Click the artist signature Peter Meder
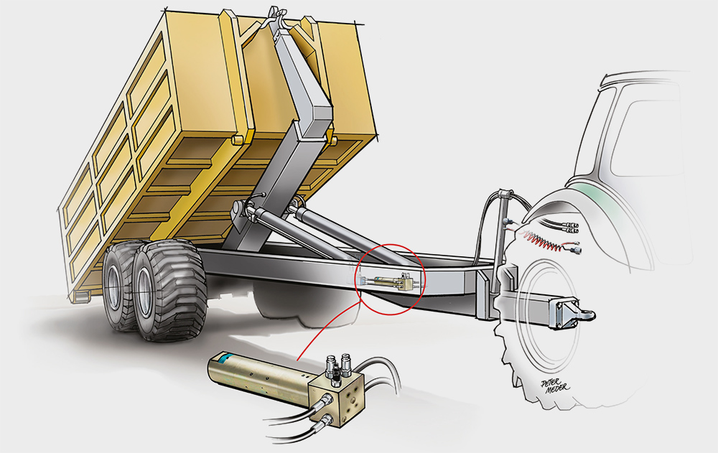tap(555, 386)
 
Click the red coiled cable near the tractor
tap(541, 240)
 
